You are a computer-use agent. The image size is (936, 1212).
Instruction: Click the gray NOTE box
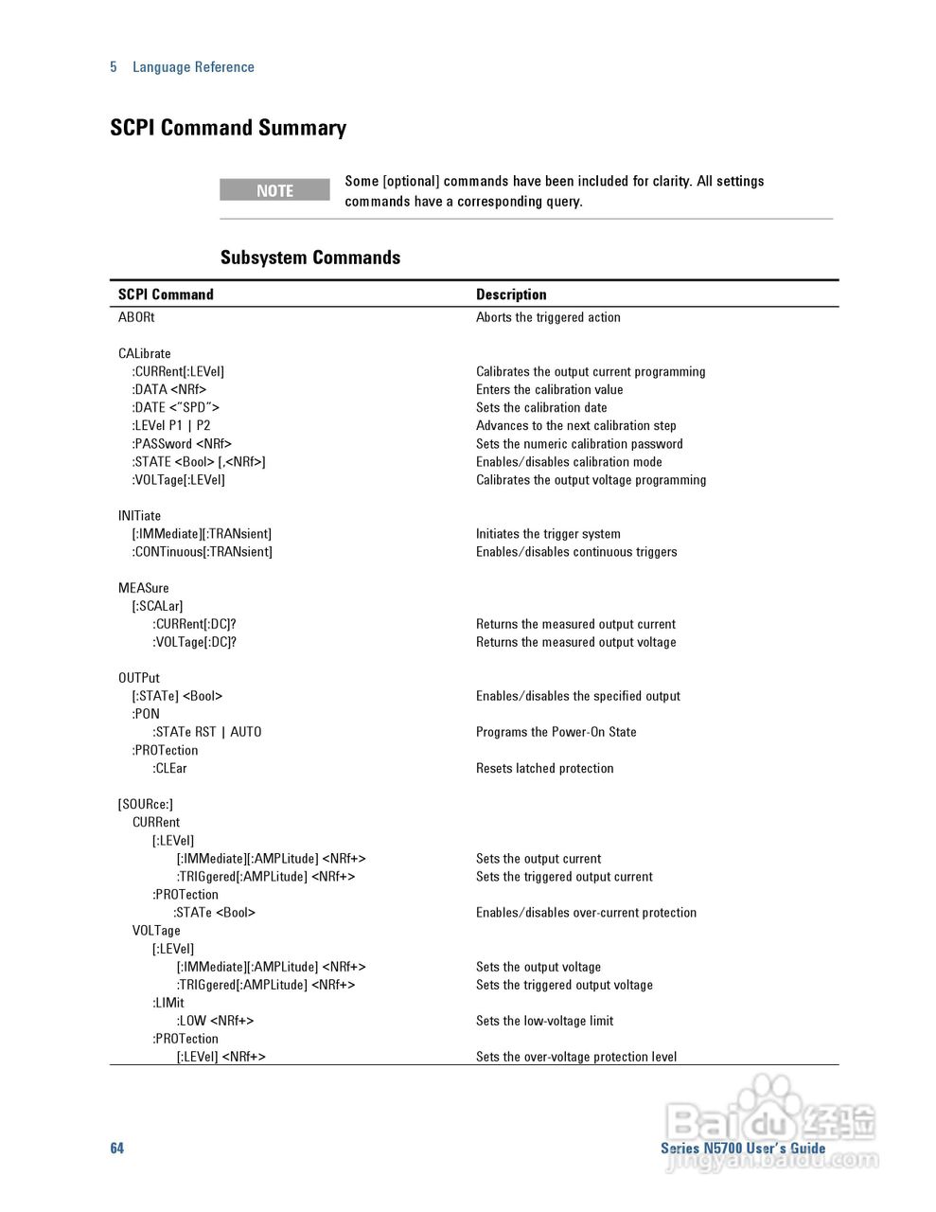[x=274, y=190]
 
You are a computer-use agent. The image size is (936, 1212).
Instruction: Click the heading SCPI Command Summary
[x=228, y=128]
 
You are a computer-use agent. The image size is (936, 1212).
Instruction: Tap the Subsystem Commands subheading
[x=310, y=258]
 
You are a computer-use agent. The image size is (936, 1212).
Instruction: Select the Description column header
[x=511, y=294]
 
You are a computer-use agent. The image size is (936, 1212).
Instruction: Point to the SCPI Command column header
[x=166, y=294]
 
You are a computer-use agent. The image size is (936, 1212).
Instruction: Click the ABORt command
[x=136, y=317]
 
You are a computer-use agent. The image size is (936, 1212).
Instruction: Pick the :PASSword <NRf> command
[x=182, y=443]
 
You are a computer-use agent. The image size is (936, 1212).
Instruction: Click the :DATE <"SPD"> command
[x=175, y=407]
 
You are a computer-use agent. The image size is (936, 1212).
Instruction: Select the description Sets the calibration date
[x=541, y=407]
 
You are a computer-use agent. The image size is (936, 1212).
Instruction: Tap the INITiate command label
[x=139, y=516]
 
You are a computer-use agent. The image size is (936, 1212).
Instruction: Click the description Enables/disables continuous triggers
[x=576, y=552]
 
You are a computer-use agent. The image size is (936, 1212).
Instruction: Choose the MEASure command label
[x=144, y=588]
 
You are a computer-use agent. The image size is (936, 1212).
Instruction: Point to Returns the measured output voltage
[x=576, y=642]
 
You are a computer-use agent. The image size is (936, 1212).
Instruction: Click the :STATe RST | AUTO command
[x=207, y=732]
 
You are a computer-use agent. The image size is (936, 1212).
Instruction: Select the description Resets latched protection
[x=545, y=768]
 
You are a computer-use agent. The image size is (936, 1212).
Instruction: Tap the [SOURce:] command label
[x=146, y=804]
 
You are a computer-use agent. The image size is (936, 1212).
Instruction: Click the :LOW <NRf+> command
[x=215, y=1021]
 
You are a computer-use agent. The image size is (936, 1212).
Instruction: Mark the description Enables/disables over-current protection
[x=586, y=913]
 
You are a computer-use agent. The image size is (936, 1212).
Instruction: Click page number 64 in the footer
[x=116, y=1148]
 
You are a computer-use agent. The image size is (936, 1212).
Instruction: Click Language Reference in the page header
[x=193, y=67]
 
